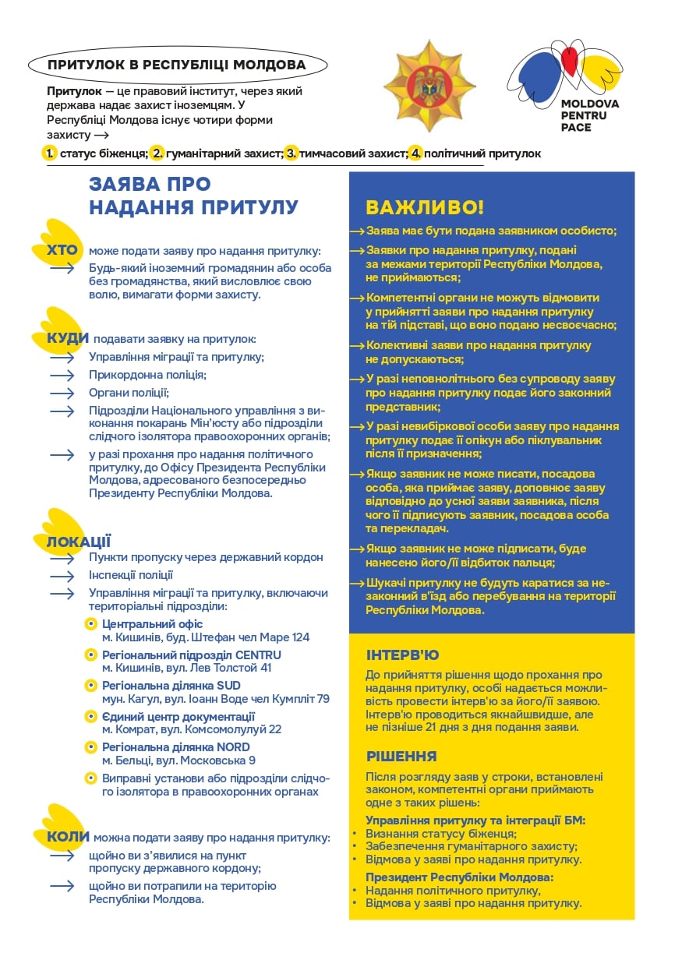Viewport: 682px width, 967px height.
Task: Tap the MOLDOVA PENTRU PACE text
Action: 589,115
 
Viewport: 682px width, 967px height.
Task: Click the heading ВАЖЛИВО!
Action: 424,207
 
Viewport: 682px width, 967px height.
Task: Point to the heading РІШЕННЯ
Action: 401,756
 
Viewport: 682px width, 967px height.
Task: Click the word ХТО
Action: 62,251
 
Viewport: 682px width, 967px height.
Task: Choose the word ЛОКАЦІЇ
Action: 79,541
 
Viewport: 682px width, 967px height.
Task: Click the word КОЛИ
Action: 68,837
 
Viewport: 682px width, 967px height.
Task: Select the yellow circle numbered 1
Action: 50,153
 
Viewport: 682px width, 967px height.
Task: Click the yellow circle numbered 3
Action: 292,153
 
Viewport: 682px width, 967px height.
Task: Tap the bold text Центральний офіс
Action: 152,623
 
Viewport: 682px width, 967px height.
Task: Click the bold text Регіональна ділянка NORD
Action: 175,746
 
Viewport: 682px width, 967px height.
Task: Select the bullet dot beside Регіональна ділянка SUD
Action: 91,685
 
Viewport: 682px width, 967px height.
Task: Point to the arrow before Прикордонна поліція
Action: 62,375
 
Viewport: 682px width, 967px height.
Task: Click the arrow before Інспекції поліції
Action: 62,575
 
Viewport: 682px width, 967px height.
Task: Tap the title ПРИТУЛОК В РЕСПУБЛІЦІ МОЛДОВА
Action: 176,64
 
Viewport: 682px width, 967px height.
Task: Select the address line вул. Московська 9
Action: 178,760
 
